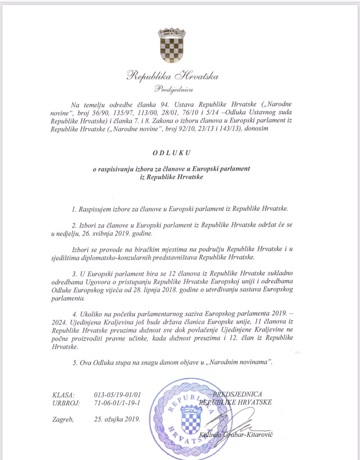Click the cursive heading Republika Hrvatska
point(173,76)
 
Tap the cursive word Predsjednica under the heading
point(174,89)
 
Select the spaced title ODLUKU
point(172,152)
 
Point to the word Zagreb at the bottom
point(63,419)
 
